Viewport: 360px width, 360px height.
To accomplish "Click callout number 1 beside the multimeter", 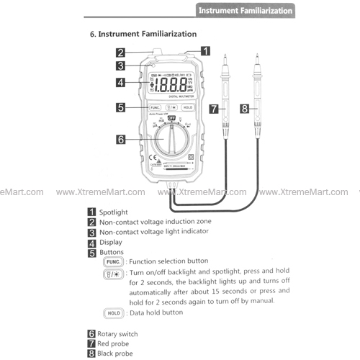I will (x=205, y=51).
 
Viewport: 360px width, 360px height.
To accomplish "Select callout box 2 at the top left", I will (x=121, y=52).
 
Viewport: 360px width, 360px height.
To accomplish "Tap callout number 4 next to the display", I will (x=121, y=82).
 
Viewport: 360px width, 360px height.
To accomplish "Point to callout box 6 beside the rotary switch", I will (x=121, y=139).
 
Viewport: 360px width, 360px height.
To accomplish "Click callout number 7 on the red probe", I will (x=214, y=109).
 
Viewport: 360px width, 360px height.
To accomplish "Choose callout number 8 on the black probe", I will (x=245, y=109).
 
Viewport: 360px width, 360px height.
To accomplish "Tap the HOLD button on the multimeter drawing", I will (x=187, y=107).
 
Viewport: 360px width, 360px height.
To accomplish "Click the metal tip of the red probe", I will (x=225, y=58).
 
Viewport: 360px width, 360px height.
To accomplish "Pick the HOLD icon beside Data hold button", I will (x=114, y=313).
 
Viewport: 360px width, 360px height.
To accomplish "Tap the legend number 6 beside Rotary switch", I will (x=91, y=334).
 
